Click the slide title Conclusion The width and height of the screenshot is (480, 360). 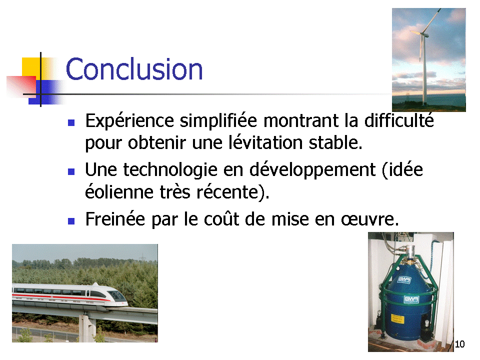point(134,69)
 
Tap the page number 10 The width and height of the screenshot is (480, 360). point(459,344)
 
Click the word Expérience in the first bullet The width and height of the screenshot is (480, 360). point(129,121)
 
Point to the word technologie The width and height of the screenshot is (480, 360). point(170,170)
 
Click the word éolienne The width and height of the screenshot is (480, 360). point(119,192)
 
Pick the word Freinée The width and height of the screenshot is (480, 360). point(115,219)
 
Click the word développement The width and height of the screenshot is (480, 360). point(312,170)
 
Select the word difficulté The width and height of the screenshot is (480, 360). point(399,120)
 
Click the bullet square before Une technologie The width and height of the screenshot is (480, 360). point(71,171)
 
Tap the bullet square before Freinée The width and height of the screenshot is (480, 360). point(71,221)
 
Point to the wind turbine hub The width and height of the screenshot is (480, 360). point(422,33)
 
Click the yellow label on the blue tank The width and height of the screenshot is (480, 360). point(397,319)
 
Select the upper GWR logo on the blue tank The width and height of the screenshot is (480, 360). point(404,279)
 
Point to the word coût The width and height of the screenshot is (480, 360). point(221,219)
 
